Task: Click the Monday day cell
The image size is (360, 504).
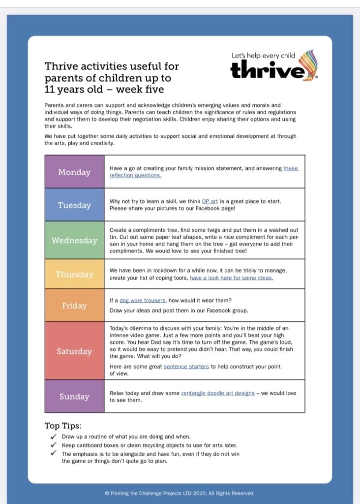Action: click(74, 172)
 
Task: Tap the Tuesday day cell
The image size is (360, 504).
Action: click(74, 205)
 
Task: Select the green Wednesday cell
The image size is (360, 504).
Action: click(74, 240)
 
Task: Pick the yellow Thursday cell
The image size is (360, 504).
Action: click(74, 274)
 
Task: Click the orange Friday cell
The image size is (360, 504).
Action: click(74, 306)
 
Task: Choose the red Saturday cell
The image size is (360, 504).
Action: click(74, 351)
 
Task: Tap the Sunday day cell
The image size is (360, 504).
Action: click(74, 396)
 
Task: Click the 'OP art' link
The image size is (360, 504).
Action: click(210, 201)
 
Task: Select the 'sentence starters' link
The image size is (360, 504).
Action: click(186, 367)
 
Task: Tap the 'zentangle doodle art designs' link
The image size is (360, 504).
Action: click(217, 393)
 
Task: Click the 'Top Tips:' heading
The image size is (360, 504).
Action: click(63, 426)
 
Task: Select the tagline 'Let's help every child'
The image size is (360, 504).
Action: click(263, 56)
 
